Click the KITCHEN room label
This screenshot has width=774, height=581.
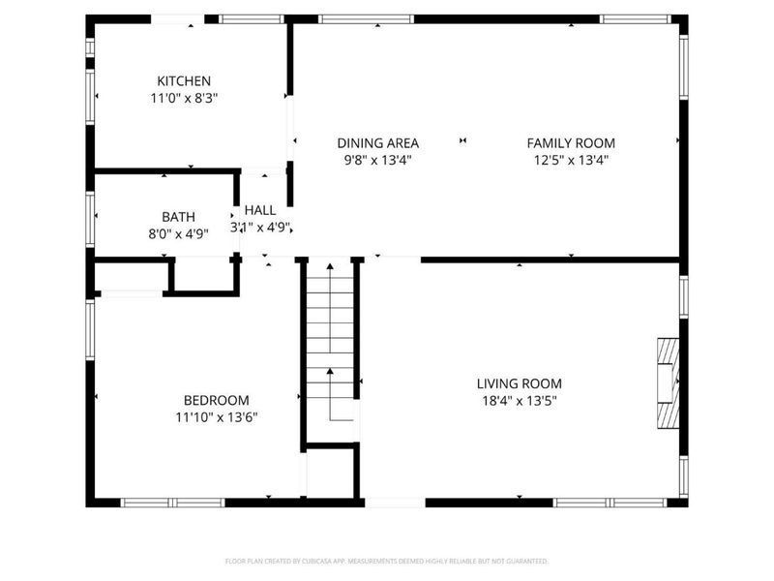[184, 80]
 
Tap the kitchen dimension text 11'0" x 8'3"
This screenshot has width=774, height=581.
[184, 98]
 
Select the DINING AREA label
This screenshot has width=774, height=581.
[377, 142]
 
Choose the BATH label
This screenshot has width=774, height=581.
[178, 217]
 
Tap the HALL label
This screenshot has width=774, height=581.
[259, 210]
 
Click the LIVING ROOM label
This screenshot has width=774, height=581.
[519, 382]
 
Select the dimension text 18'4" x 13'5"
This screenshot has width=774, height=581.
[519, 400]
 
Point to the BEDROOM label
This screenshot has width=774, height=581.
[216, 400]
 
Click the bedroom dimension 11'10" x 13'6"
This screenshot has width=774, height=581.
[216, 417]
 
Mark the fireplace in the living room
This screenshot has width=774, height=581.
[669, 382]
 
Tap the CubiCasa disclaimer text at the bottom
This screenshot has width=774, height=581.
[387, 561]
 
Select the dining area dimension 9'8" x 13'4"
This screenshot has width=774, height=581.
[377, 160]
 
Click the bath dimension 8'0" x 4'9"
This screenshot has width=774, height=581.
[178, 233]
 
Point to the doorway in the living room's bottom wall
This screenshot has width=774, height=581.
[395, 502]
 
